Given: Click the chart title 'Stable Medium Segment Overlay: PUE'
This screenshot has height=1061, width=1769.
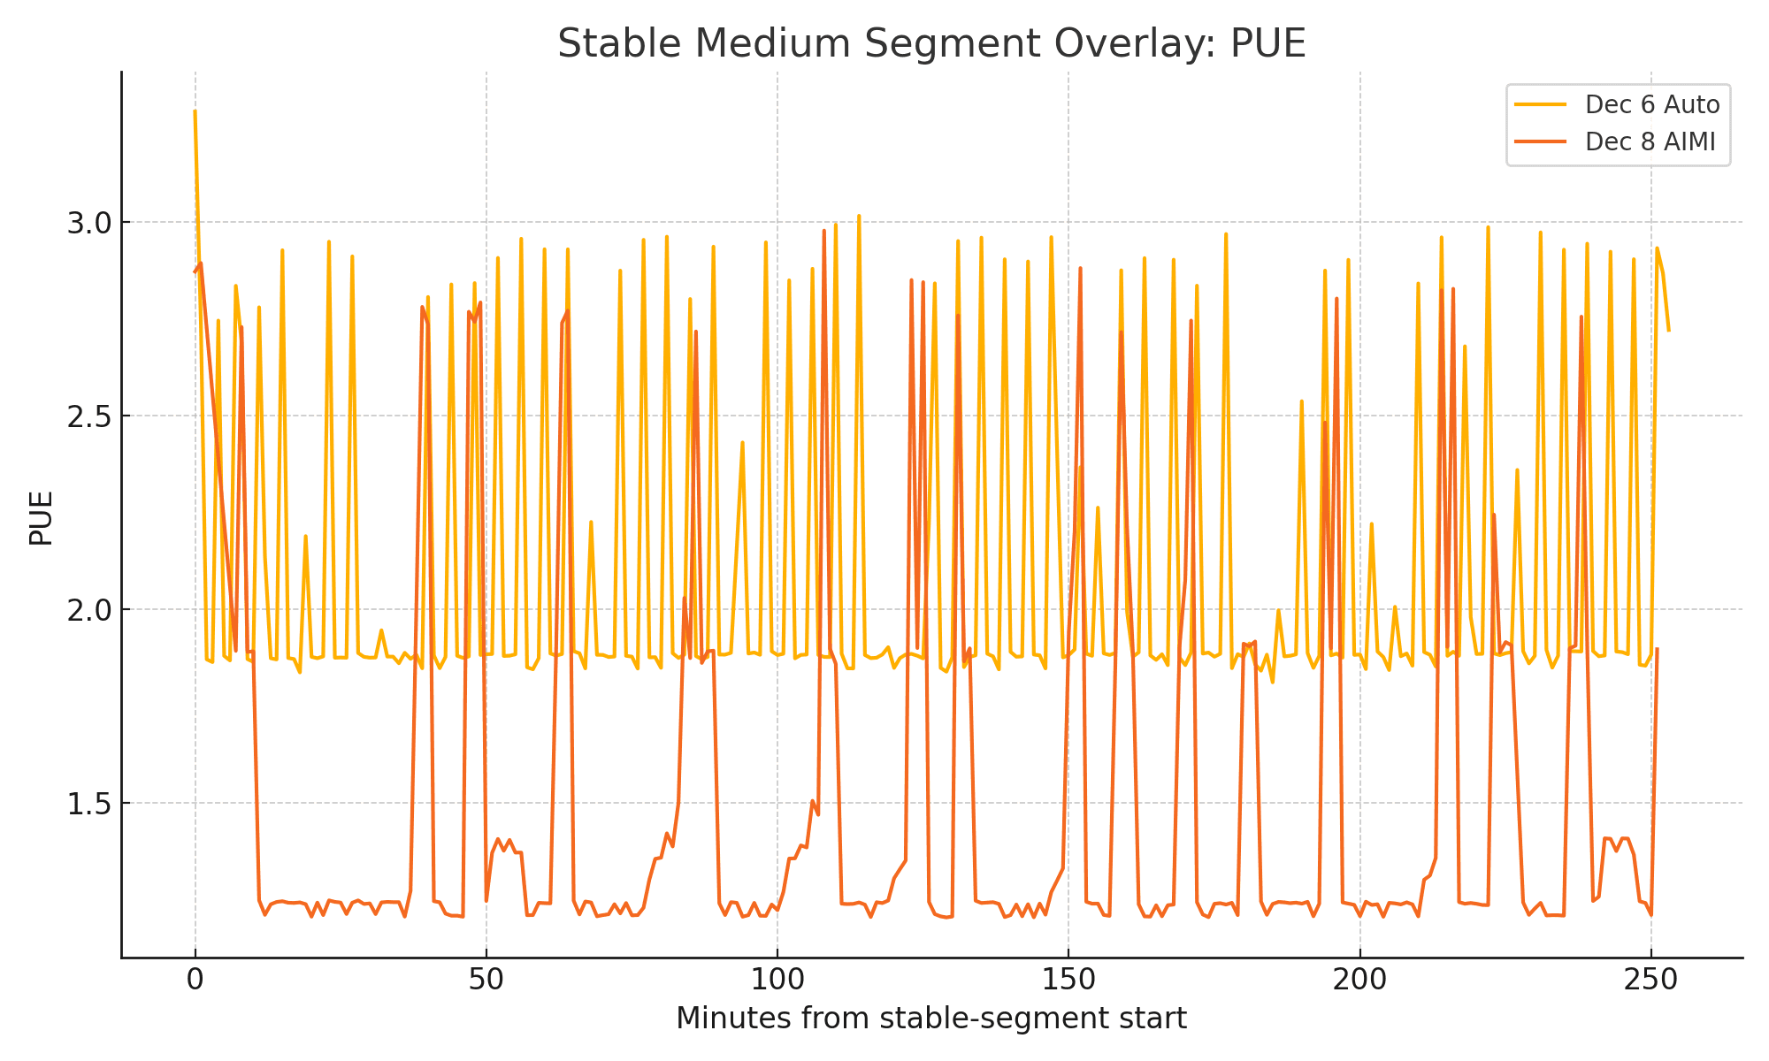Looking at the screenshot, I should pos(931,44).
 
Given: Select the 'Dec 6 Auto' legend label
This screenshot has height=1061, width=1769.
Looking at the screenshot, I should pos(1651,105).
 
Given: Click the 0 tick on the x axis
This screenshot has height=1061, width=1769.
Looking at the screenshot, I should pos(195,981).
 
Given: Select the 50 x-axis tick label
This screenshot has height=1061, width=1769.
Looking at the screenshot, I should pos(486,981).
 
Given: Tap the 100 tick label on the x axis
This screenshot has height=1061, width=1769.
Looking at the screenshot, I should pos(777,981).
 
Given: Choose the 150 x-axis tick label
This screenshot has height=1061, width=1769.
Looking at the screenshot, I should pos(1068,981).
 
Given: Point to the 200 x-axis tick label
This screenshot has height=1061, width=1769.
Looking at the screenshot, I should pos(1359,981).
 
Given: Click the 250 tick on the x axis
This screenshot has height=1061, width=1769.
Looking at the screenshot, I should pos(1650,981).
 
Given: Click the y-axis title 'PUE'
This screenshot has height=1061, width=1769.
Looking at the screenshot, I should pos(41,518).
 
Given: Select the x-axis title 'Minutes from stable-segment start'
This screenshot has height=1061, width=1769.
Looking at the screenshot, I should pos(931,1019).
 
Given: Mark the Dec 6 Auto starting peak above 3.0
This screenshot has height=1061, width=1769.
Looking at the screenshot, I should pos(195,111).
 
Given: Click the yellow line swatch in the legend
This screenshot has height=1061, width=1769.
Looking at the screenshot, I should pos(1540,105).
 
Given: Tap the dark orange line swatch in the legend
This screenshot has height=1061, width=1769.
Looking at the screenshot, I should pos(1540,142).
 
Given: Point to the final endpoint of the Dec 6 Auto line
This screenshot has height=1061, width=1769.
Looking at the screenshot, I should pos(1668,331).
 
